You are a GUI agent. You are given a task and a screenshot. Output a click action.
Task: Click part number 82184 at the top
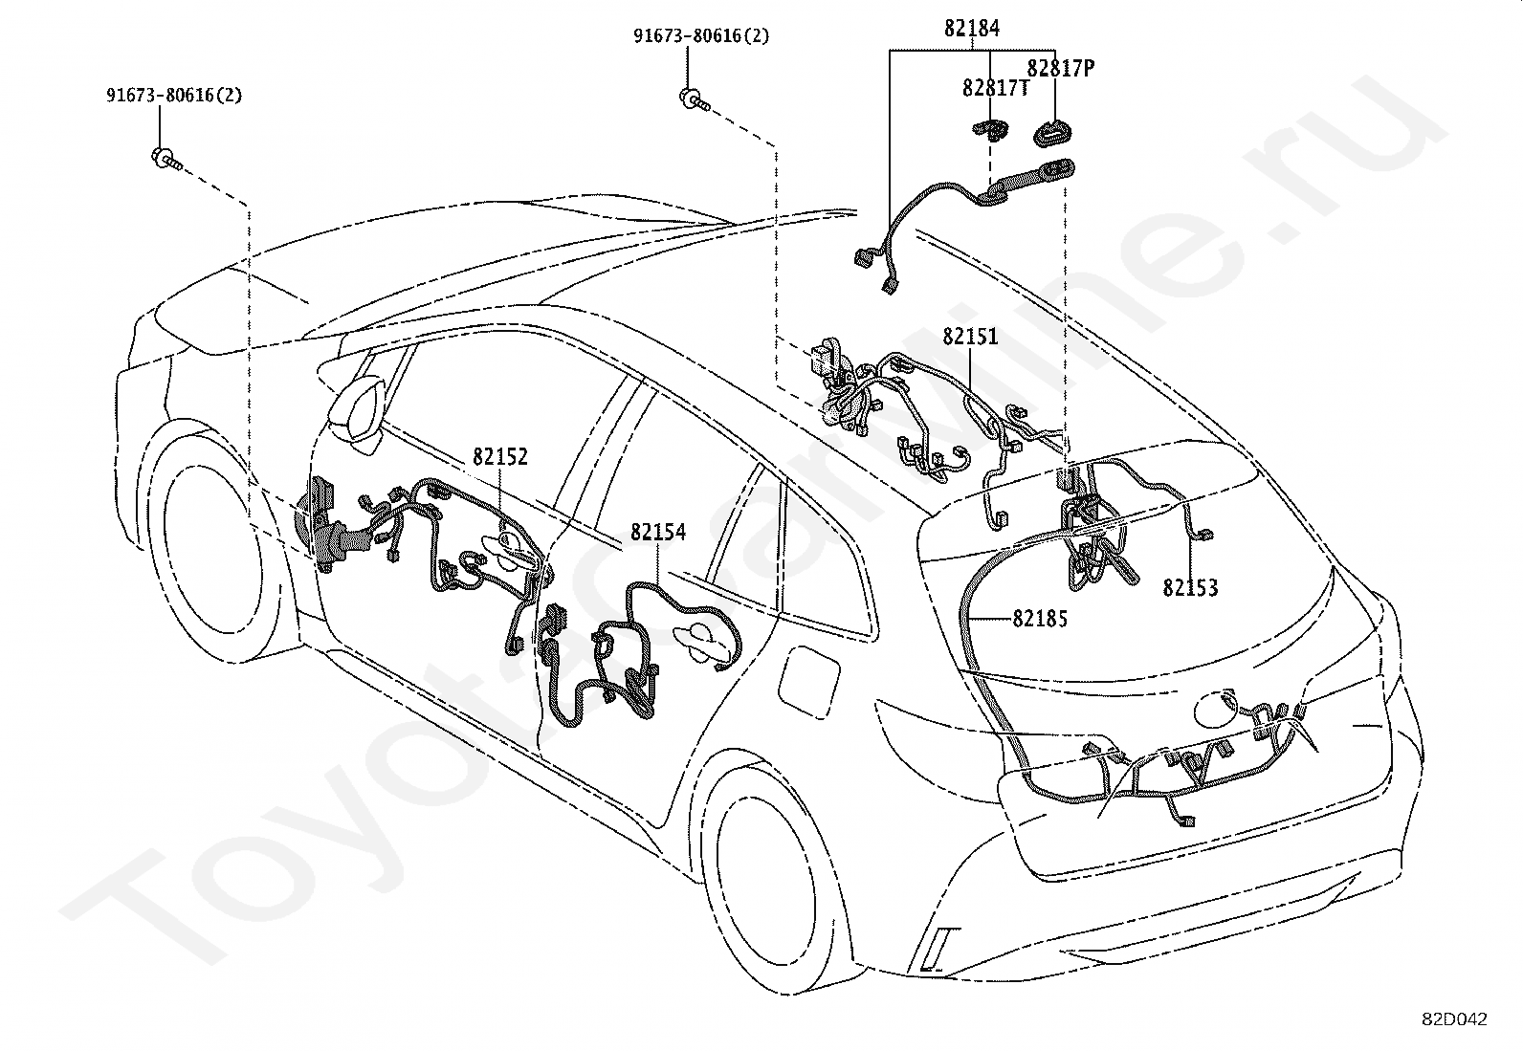tap(971, 29)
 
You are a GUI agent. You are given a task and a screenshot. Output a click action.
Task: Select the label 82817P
tap(1060, 68)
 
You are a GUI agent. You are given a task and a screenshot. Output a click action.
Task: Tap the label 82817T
tap(996, 88)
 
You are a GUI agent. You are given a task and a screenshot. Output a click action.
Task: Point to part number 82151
tap(970, 337)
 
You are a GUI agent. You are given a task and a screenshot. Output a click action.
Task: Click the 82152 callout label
tap(499, 457)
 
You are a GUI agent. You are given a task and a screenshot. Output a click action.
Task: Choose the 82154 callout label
tap(657, 533)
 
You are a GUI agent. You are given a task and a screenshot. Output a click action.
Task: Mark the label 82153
tap(1190, 588)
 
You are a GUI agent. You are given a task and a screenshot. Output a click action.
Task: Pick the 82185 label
tap(1040, 619)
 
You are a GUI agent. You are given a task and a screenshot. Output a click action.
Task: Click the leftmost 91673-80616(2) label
tap(174, 96)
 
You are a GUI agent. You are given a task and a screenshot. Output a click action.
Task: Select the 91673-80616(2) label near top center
tap(701, 36)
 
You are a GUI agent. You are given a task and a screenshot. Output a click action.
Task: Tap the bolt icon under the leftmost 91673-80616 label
tap(165, 158)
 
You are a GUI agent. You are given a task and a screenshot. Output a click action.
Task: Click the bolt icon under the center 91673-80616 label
tap(693, 98)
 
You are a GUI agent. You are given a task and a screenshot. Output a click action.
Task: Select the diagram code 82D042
tap(1454, 1019)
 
